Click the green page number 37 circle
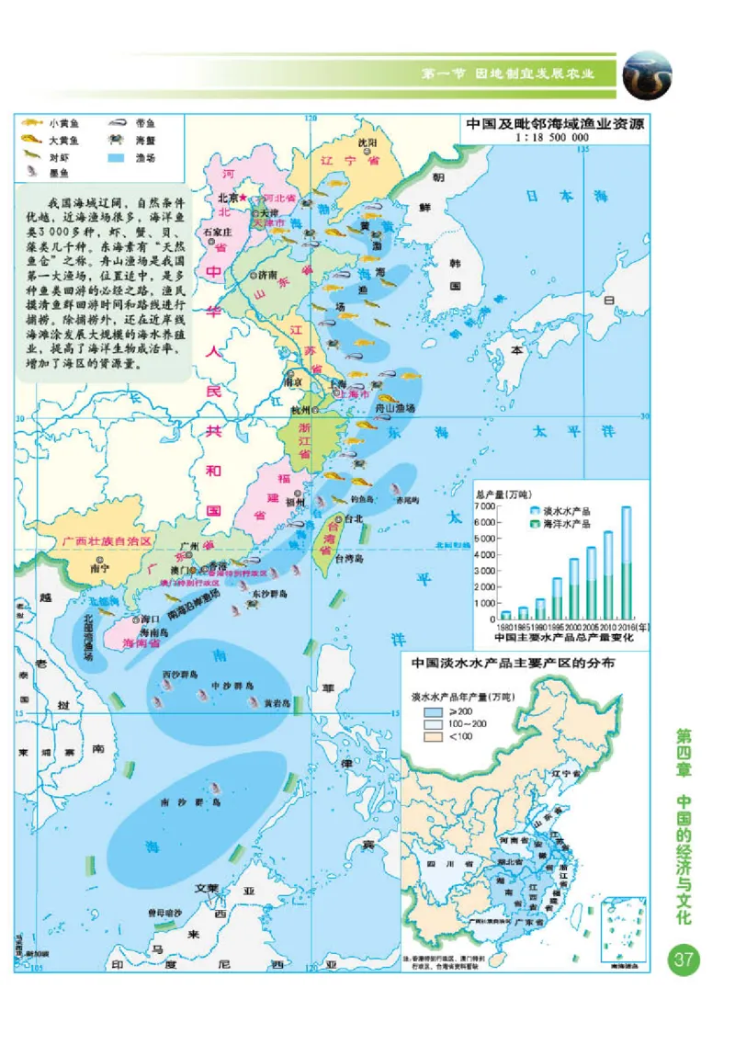click(x=684, y=960)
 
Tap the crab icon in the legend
click(x=118, y=140)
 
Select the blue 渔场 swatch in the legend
click(x=118, y=157)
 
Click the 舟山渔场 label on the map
click(x=397, y=407)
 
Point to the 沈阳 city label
click(x=367, y=142)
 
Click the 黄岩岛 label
click(x=277, y=703)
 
